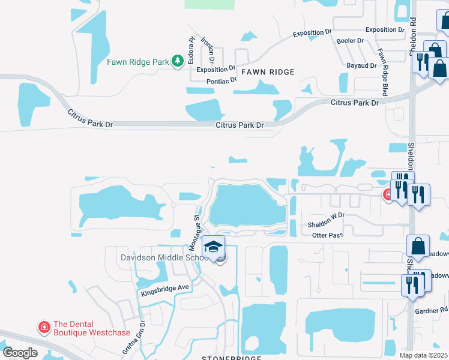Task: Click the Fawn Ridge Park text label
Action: [x=138, y=61]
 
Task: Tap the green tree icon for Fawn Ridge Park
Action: [x=177, y=61]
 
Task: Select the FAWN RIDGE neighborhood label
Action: [x=268, y=72]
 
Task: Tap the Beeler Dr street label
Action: [x=351, y=41]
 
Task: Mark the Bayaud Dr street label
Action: [x=361, y=65]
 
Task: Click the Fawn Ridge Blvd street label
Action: [x=381, y=72]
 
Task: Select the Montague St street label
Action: [x=194, y=233]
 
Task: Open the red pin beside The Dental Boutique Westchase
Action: [x=44, y=327]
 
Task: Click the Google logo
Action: [x=20, y=353]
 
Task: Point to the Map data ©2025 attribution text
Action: [x=423, y=355]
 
